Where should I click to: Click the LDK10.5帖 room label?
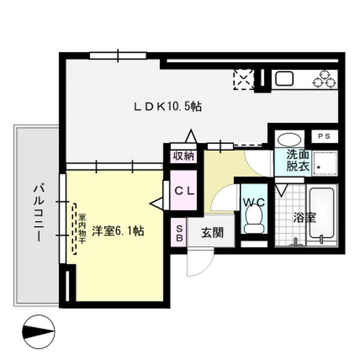(x=168, y=106)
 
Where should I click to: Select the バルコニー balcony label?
(x=38, y=212)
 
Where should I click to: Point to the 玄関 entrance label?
(x=209, y=231)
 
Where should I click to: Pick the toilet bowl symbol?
(x=254, y=218)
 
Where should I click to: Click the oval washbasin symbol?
(x=289, y=139)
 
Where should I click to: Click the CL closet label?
(x=183, y=191)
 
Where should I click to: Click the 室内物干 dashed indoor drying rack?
(x=74, y=227)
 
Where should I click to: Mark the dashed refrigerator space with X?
(x=244, y=79)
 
